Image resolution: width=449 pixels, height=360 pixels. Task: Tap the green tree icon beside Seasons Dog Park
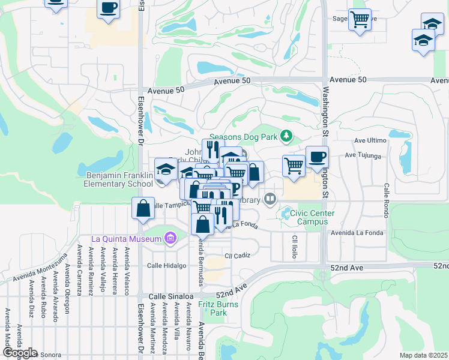(x=287, y=137)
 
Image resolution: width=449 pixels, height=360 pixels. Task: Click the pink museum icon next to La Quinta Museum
(x=170, y=239)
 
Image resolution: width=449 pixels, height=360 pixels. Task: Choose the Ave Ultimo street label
(x=369, y=140)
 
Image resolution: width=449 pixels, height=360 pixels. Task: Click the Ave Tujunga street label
(x=364, y=156)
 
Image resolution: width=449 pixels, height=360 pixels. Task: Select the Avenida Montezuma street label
(x=40, y=267)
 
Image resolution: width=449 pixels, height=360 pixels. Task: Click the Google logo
(x=20, y=353)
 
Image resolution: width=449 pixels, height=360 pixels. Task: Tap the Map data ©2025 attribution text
(x=424, y=355)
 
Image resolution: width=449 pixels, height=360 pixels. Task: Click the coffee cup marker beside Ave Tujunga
(x=318, y=158)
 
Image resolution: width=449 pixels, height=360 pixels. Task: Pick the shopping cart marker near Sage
(x=360, y=20)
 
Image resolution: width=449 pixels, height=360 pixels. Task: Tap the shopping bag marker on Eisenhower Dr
(x=143, y=209)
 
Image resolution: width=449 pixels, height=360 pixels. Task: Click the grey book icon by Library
(x=270, y=199)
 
